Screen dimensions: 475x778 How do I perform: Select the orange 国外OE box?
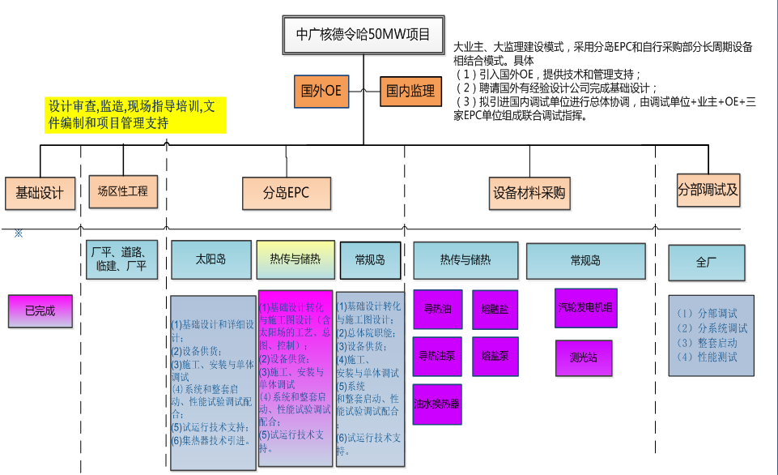(x=321, y=91)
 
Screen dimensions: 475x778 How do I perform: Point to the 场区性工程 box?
(x=122, y=191)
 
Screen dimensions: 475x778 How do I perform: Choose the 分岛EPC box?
(x=286, y=194)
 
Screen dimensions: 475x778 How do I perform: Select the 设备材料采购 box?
(x=529, y=194)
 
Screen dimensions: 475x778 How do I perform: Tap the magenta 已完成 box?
(x=40, y=310)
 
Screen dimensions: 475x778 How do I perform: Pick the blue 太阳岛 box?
(x=210, y=260)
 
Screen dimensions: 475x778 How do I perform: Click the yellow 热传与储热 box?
(x=295, y=260)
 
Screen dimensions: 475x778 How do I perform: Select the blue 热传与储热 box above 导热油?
(x=465, y=260)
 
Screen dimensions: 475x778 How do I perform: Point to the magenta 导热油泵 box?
(x=437, y=356)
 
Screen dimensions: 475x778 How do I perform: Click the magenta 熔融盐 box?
(x=495, y=309)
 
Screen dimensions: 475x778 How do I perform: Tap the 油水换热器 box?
(x=437, y=403)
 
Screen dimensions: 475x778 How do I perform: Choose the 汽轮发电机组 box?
(x=585, y=308)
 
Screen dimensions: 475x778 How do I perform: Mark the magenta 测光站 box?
(x=584, y=357)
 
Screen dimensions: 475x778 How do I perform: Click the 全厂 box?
(x=706, y=263)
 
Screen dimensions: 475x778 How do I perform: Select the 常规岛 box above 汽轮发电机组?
(x=585, y=260)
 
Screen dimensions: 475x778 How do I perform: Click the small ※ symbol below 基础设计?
(x=18, y=233)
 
